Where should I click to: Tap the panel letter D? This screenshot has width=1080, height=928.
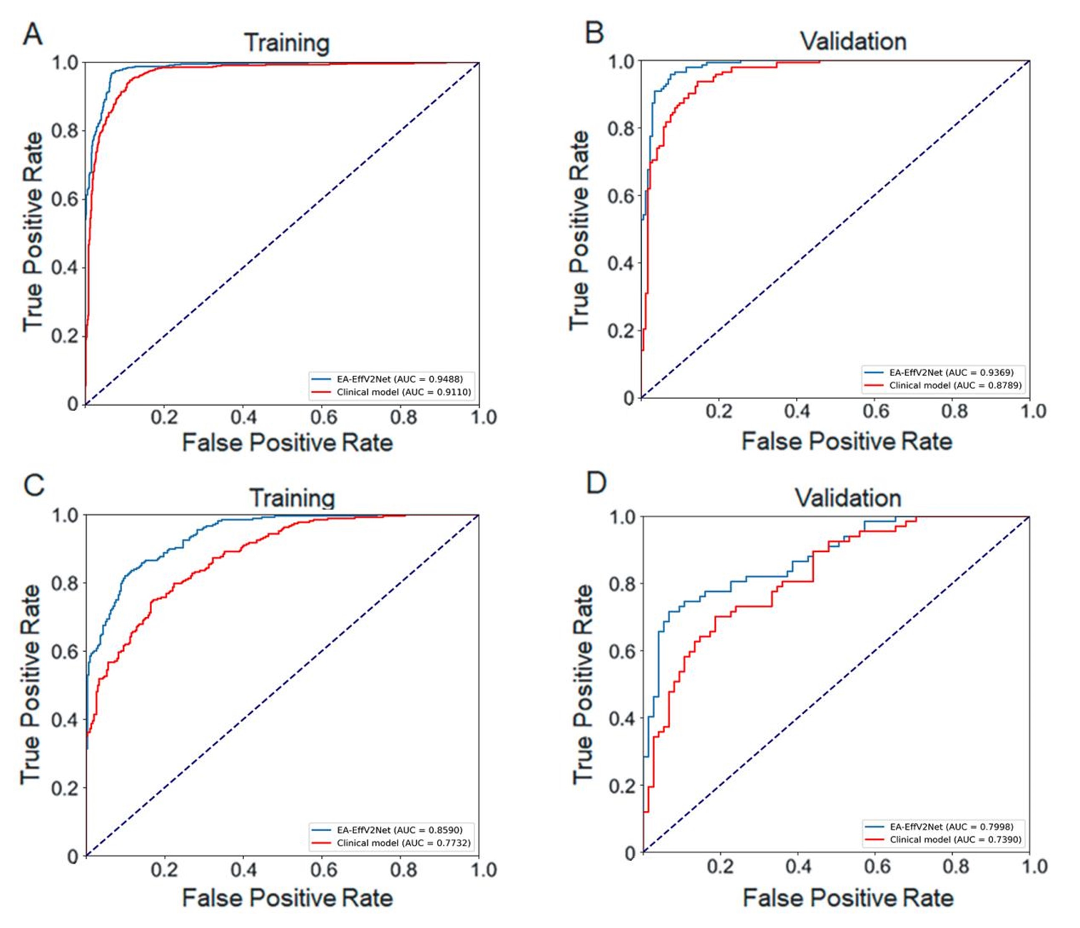[x=596, y=483]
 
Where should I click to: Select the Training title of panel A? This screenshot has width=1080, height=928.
[x=287, y=43]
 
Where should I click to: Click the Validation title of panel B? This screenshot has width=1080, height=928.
[x=853, y=41]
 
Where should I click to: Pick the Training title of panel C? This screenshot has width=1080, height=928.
[x=291, y=498]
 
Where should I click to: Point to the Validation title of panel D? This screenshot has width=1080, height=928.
[x=848, y=498]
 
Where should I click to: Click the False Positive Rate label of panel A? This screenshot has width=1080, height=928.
[x=287, y=443]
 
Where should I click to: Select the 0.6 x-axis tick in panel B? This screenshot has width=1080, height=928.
[x=876, y=412]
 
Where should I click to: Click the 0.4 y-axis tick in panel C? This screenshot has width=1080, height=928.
[x=65, y=720]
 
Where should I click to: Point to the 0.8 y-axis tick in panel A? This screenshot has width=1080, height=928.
[x=65, y=131]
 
